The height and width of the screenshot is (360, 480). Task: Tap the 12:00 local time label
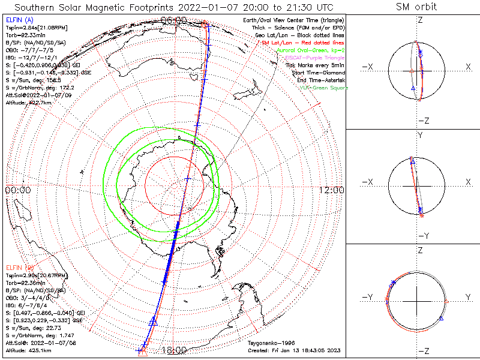point(332,190)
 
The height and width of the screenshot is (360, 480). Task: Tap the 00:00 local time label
point(17,190)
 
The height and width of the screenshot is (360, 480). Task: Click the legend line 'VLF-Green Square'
point(322,86)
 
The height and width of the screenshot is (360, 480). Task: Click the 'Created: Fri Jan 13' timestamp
point(294,349)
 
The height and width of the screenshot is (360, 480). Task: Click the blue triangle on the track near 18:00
point(153,321)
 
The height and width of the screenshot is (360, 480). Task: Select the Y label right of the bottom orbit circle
point(467,297)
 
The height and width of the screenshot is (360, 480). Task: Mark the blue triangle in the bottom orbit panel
point(441,318)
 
